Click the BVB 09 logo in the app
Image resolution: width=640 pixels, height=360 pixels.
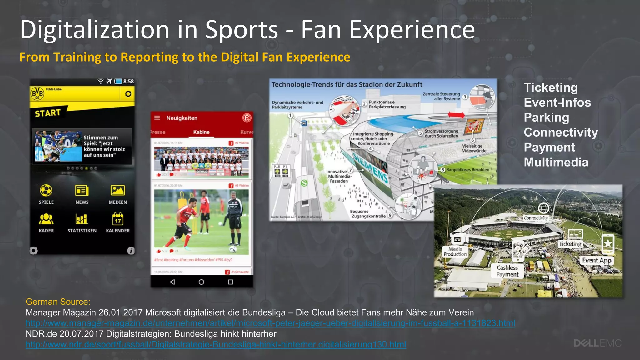pos(37,93)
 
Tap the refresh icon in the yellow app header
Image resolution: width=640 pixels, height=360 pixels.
pos(128,94)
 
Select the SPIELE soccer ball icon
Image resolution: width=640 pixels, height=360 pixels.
pos(46,190)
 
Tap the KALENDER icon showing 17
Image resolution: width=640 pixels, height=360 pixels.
pos(118,219)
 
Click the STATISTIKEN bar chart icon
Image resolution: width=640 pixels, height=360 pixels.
pos(82,219)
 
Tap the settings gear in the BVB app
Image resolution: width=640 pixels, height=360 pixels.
pos(34,251)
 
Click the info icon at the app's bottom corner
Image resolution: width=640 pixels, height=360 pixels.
pos(131,251)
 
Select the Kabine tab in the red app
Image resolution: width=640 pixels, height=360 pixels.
pos(201,132)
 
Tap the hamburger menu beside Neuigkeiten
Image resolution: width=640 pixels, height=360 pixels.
pos(157,118)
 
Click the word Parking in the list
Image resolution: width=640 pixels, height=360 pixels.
pos(546,117)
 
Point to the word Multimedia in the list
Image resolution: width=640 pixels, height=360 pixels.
pos(556,162)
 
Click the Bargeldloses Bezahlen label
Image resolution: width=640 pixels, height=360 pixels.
pos(467,170)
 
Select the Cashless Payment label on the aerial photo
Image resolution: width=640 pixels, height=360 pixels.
pos(507,271)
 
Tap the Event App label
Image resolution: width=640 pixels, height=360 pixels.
pos(597,261)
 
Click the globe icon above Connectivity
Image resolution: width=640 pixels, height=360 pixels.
pos(543,208)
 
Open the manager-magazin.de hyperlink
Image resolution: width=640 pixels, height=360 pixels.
pos(270,323)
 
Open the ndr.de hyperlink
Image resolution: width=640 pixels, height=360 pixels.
pos(216,344)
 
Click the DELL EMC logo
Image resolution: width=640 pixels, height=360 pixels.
pos(597,343)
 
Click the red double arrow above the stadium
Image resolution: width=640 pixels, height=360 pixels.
pos(456,115)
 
